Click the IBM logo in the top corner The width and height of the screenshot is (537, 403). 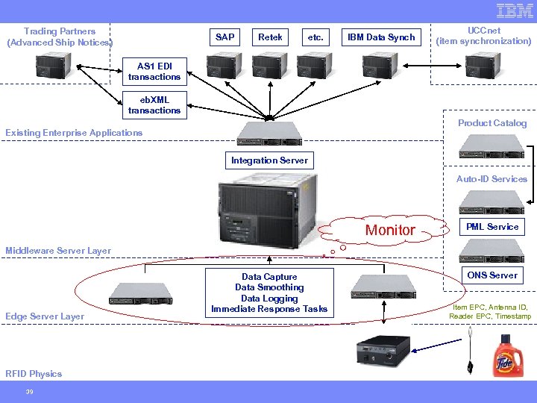coord(515,11)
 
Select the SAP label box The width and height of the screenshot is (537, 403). coord(224,37)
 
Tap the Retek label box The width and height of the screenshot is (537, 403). coord(270,37)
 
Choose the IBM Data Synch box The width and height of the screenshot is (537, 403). coord(381,37)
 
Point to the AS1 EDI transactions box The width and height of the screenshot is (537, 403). coord(154,72)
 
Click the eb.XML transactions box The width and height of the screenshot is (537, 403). coord(154,105)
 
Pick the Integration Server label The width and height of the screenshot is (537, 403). coord(269,160)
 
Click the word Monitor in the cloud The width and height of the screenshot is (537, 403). coord(390,231)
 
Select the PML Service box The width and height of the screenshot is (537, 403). coord(492,226)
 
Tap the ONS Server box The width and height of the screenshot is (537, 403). coord(492,275)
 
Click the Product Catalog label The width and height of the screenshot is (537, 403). coord(492,123)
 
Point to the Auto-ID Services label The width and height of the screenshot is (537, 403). coord(492,179)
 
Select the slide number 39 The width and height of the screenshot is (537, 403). coord(30,392)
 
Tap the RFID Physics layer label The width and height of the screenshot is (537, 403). coord(34,374)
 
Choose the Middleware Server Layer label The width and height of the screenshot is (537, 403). coord(58,251)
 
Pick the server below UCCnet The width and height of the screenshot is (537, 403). coord(484,66)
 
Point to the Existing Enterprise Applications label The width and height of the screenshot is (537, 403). coord(74,133)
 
